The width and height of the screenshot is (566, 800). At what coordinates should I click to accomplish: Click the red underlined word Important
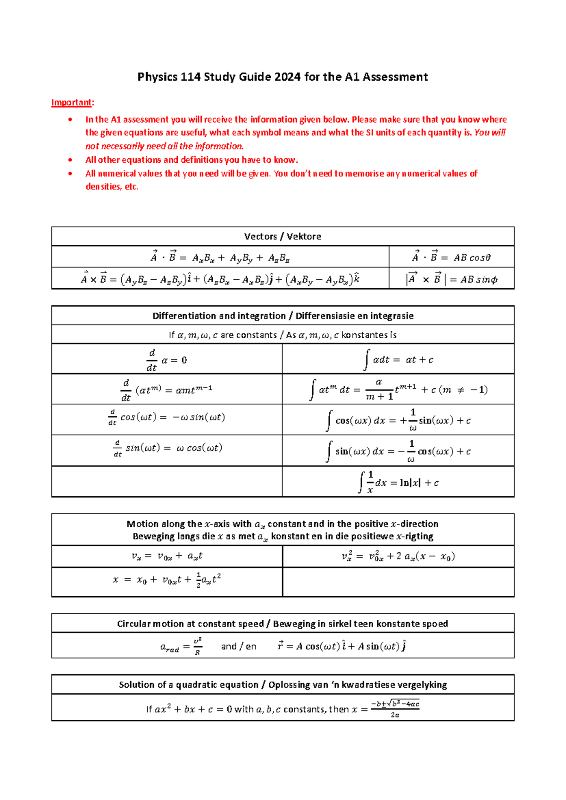(72, 102)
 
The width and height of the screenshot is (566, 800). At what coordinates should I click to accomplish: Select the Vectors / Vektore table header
(283, 236)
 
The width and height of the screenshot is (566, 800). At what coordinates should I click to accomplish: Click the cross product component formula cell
(220, 279)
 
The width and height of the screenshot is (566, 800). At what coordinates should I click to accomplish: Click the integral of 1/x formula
(398, 482)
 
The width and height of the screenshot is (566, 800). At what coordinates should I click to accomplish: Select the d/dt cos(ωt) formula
(166, 417)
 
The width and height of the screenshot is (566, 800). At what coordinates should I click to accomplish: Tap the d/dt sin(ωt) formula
(166, 448)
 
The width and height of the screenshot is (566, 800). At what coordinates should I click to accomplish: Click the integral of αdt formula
(398, 359)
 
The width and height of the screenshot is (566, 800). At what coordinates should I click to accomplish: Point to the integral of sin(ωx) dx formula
(398, 451)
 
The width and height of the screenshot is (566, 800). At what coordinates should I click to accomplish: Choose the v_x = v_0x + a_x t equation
(166, 556)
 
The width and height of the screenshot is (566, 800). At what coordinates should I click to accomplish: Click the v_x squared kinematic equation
(398, 556)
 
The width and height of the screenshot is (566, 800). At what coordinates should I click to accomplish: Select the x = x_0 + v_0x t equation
(166, 580)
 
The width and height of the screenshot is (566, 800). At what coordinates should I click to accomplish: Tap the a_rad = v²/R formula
(181, 646)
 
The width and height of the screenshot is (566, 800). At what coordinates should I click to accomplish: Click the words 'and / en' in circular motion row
(239, 646)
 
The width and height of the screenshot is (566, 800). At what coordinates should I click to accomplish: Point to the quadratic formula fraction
(395, 709)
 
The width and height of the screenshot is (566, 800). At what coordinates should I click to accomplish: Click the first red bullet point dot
(70, 119)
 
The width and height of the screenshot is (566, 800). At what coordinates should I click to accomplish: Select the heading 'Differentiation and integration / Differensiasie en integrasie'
(283, 316)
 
